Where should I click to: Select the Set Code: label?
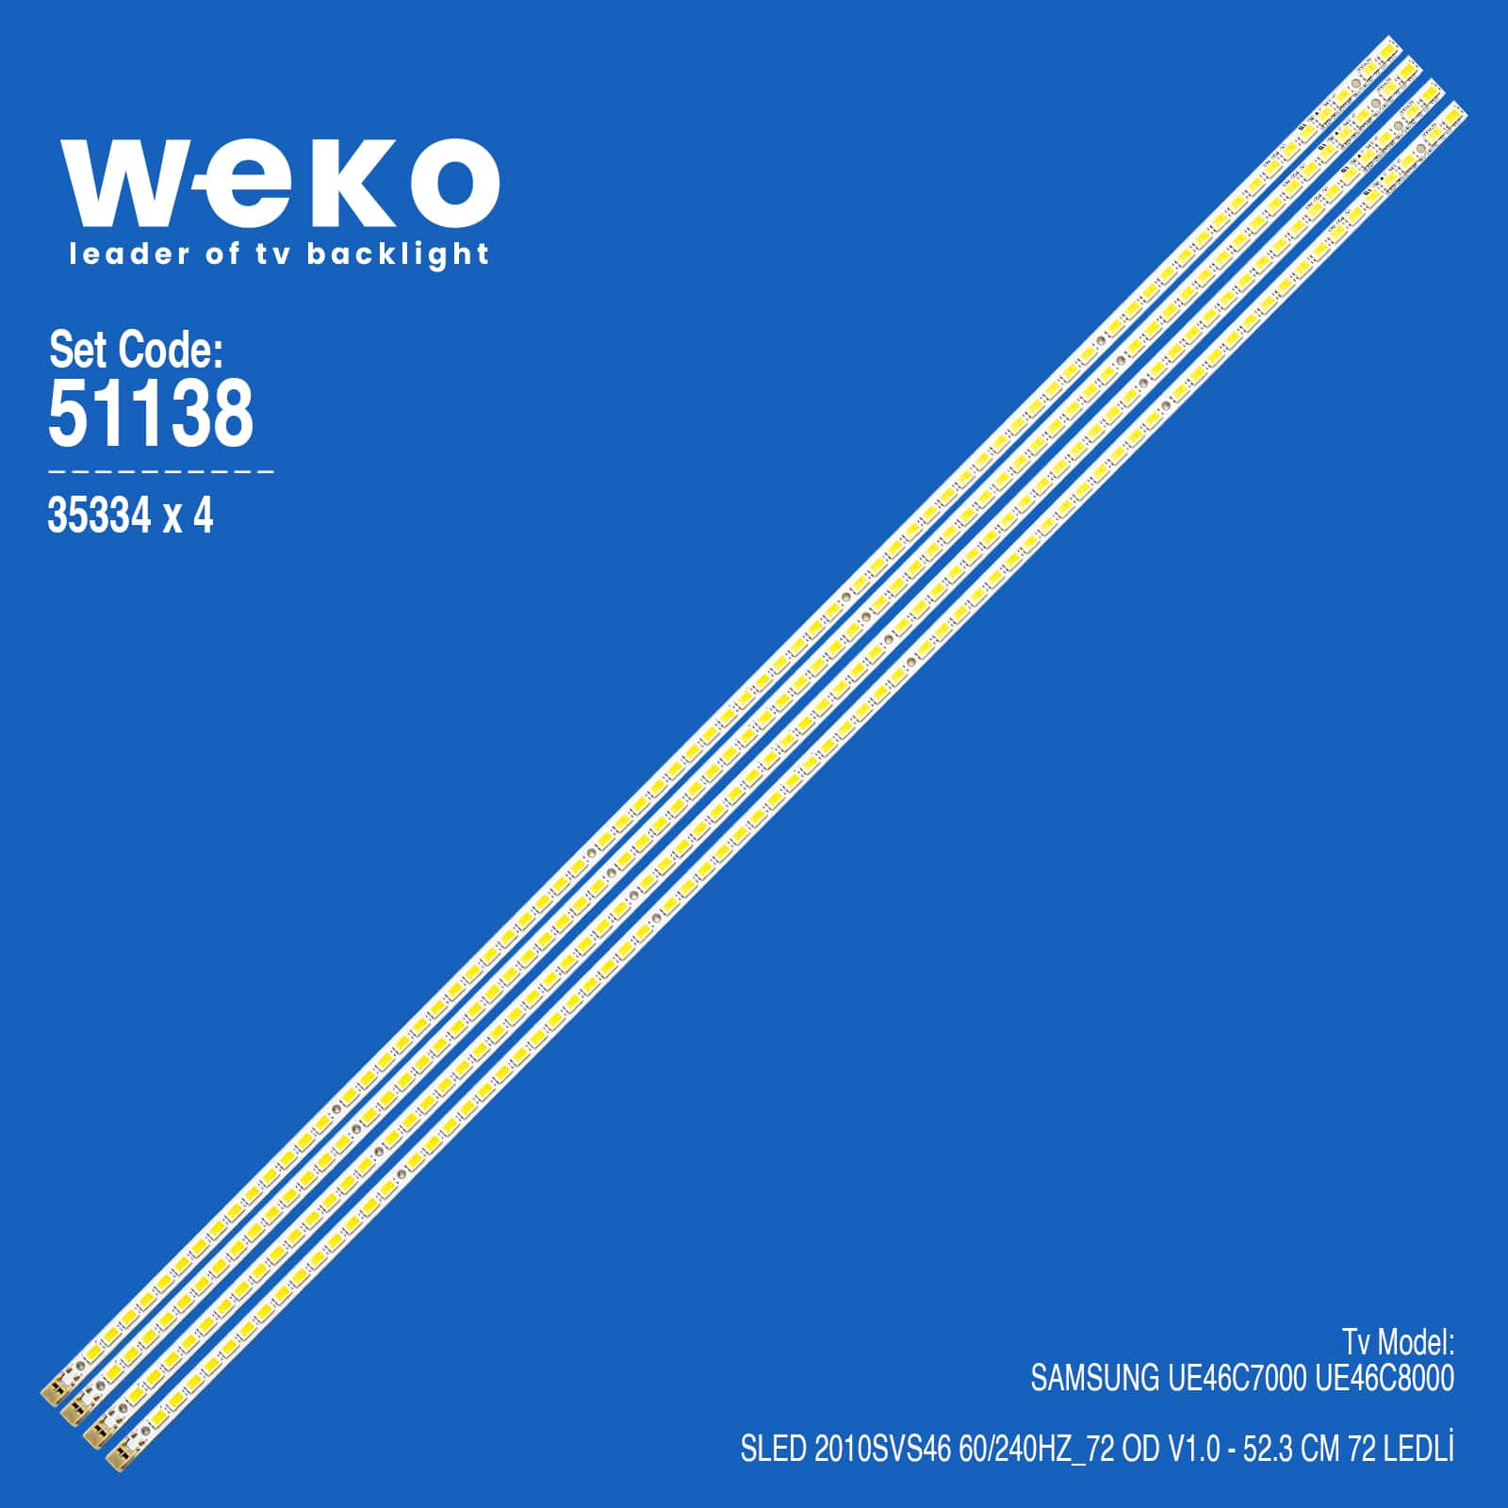(136, 351)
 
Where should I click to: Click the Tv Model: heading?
(1398, 1341)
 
